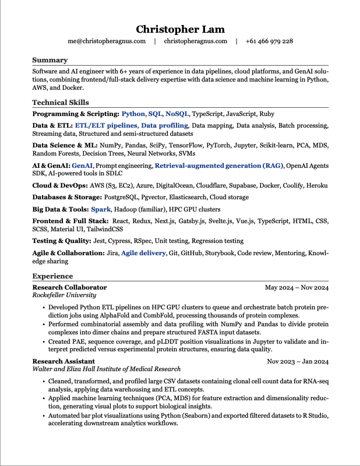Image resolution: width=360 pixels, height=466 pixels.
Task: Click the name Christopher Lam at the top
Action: click(180, 29)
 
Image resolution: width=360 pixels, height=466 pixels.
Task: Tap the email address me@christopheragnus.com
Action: click(106, 41)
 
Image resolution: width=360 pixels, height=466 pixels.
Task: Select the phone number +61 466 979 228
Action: click(269, 41)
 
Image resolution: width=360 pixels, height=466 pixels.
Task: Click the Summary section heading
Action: click(50, 60)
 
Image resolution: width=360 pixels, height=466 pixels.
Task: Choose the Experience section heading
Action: click(52, 276)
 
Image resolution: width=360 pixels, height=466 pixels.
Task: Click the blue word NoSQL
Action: click(177, 114)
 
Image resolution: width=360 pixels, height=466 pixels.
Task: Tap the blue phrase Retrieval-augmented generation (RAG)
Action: click(218, 166)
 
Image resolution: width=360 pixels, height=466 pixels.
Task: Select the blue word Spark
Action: click(101, 209)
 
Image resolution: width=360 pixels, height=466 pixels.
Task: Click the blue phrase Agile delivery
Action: click(142, 253)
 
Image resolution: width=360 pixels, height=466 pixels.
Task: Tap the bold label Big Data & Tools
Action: click(60, 209)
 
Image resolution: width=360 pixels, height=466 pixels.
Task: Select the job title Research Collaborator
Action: click(69, 288)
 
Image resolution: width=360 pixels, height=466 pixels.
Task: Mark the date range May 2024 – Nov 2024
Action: click(297, 288)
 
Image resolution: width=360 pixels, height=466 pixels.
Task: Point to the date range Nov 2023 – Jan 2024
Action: click(298, 361)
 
